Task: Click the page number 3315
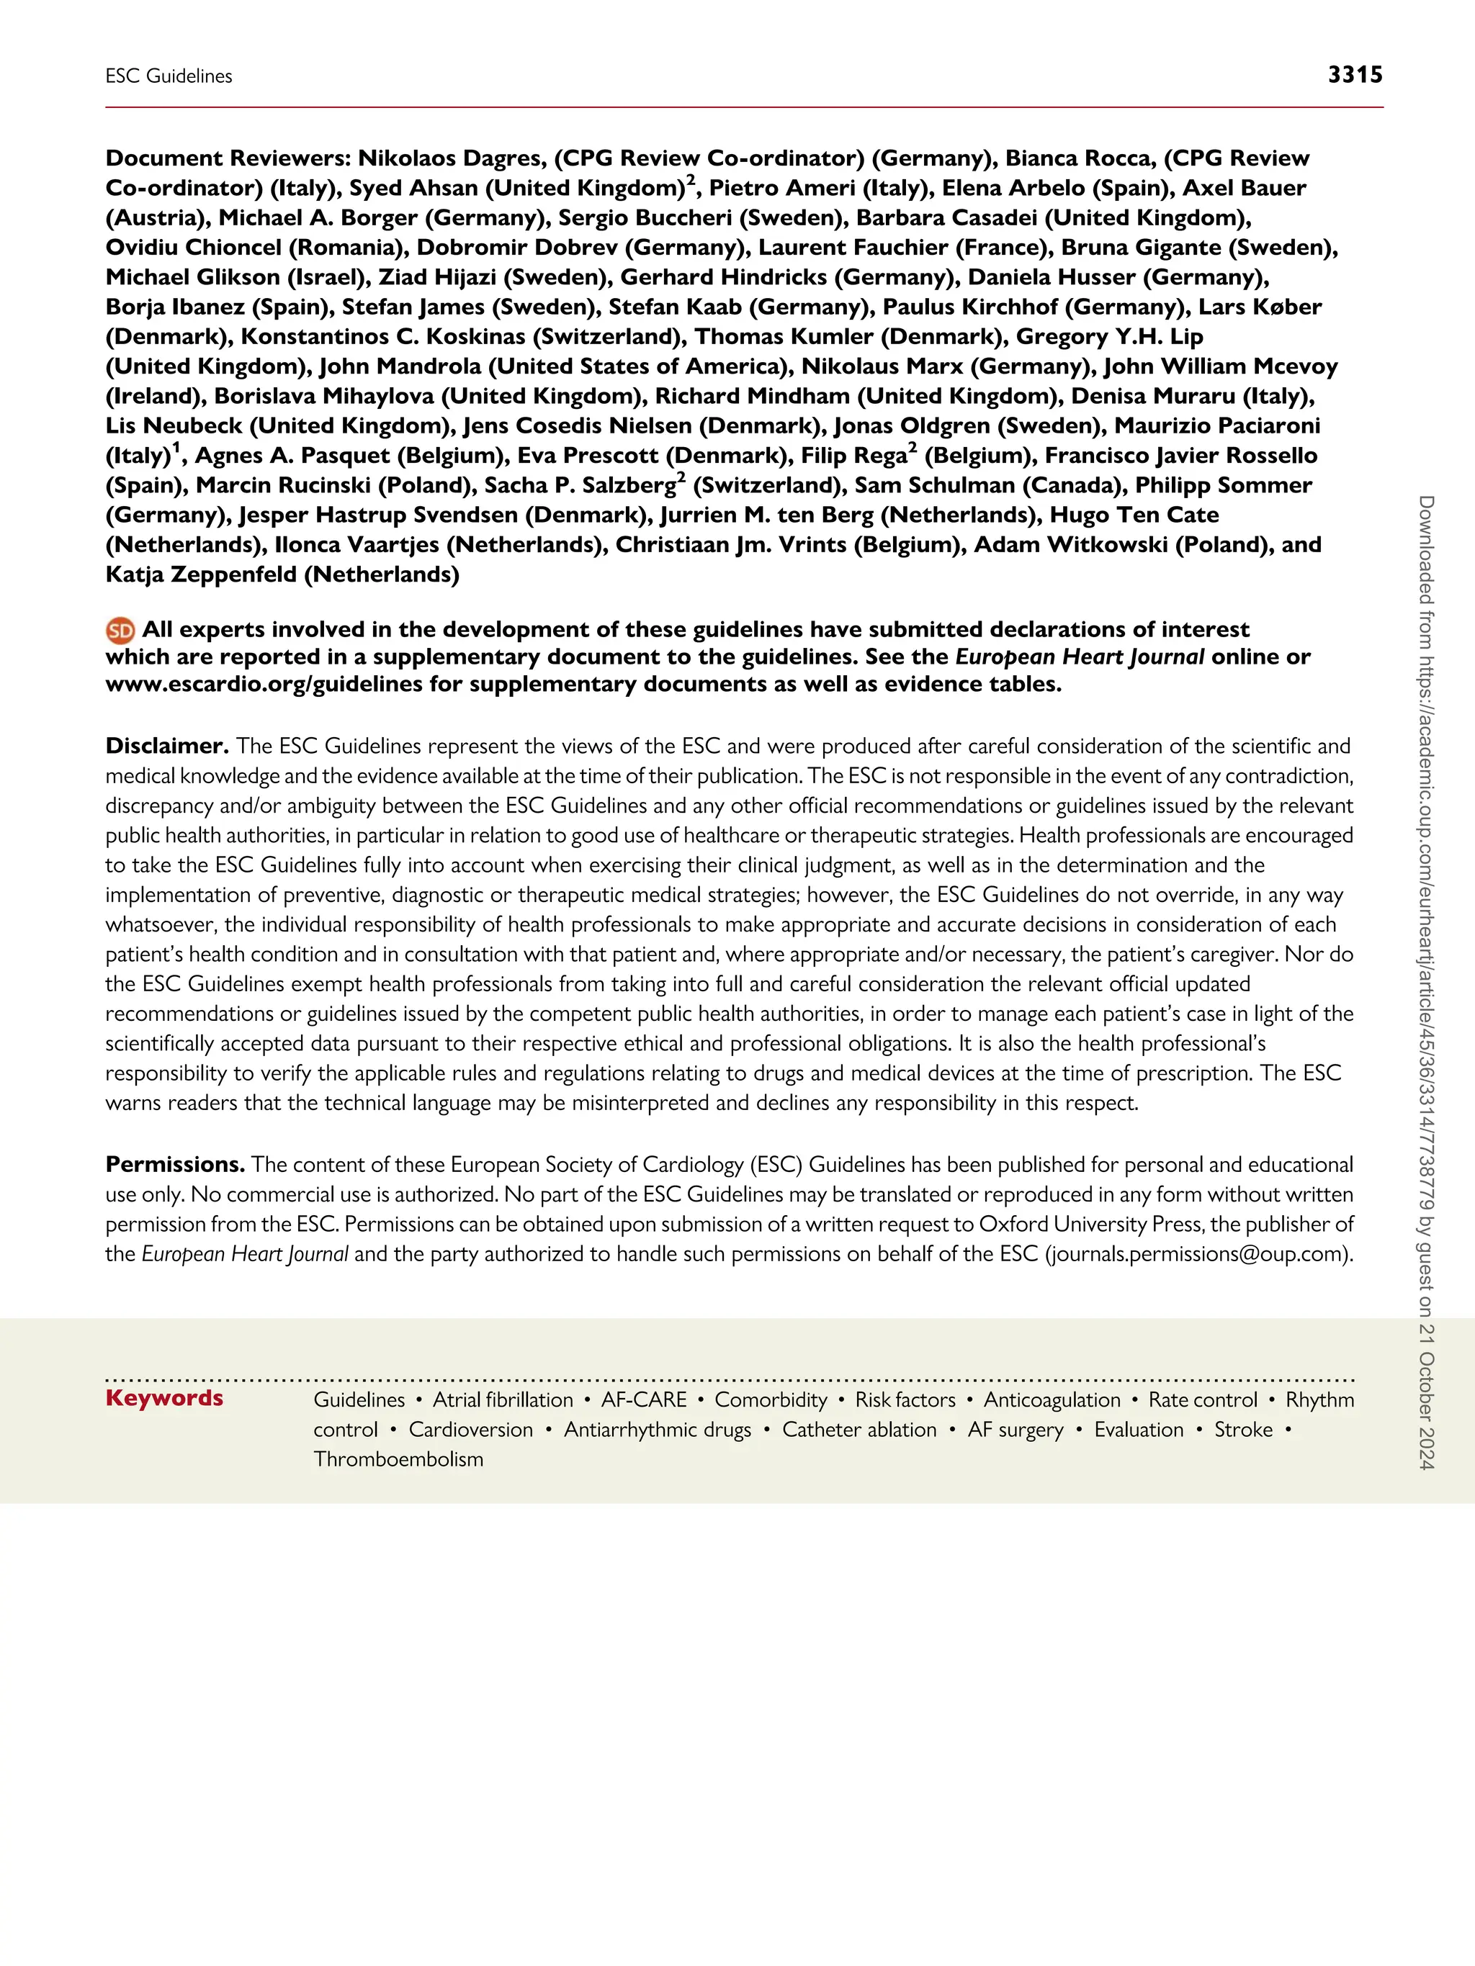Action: coord(1354,75)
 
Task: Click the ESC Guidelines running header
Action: coord(169,76)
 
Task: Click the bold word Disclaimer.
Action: coord(166,746)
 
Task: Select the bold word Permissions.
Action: coord(174,1164)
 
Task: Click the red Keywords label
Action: coord(164,1398)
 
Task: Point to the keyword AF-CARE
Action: coord(644,1400)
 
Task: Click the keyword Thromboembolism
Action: coord(398,1459)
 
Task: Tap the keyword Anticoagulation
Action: coord(1052,1400)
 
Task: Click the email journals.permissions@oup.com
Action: coord(1198,1254)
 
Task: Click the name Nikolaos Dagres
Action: coord(451,158)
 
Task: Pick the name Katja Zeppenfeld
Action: coord(201,574)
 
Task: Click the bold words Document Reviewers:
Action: coord(228,158)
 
